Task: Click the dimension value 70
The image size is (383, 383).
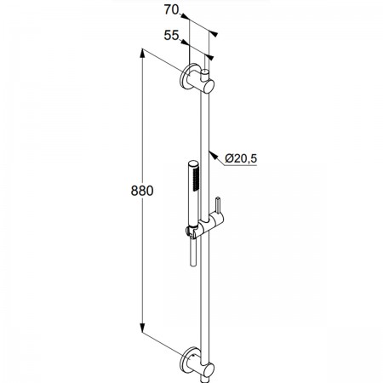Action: pyautogui.click(x=172, y=10)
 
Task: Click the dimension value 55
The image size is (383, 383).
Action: pyautogui.click(x=172, y=36)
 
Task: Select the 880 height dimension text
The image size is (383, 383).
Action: pyautogui.click(x=142, y=191)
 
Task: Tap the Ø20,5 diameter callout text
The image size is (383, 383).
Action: pyautogui.click(x=241, y=158)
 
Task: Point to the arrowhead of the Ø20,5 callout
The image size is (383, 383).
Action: pyautogui.click(x=213, y=156)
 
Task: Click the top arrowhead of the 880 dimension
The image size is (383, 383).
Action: pyautogui.click(x=143, y=53)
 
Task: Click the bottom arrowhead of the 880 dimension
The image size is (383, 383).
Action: pyautogui.click(x=143, y=328)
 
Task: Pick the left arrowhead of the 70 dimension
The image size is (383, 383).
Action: pyautogui.click(x=185, y=17)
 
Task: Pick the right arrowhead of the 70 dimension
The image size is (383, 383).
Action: pyautogui.click(x=214, y=33)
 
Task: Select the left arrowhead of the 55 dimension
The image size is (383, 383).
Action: pyautogui.click(x=185, y=43)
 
